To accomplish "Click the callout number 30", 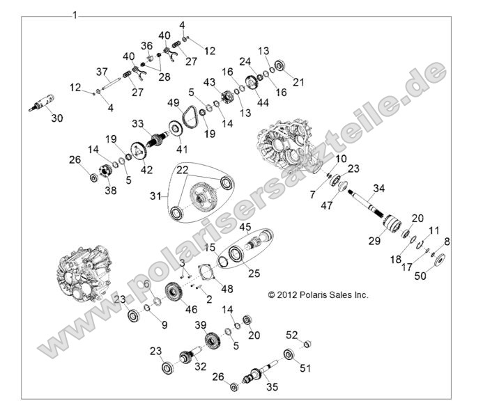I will [x=56, y=118].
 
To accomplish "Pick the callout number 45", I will [x=245, y=227].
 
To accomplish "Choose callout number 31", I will [x=157, y=197].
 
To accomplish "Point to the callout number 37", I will [x=102, y=72].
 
